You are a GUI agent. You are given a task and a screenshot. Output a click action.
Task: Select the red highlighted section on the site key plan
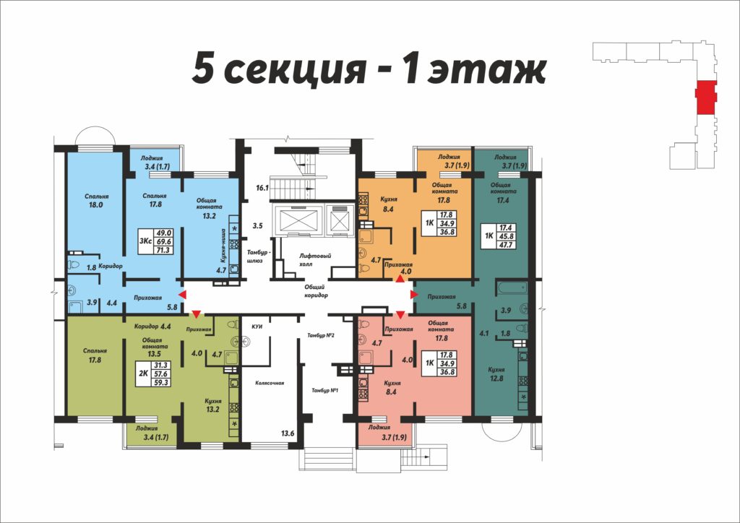coord(706,97)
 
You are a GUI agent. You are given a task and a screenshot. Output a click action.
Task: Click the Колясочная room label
coord(270,383)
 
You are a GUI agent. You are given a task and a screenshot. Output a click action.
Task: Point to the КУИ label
coord(257,327)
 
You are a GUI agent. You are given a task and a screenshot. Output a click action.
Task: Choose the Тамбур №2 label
coord(321,335)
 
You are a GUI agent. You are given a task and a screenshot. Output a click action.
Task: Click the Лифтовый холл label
coord(315,260)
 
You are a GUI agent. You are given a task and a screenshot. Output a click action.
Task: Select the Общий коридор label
coord(316,290)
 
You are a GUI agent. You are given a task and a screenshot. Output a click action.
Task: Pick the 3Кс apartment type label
coord(145,241)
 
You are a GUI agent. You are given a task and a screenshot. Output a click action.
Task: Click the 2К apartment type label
coord(142,373)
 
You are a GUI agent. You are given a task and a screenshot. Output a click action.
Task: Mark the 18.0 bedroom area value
coord(95,205)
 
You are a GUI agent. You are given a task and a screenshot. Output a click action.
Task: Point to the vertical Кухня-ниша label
coord(223,246)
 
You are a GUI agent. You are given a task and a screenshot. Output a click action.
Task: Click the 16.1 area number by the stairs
coord(262,188)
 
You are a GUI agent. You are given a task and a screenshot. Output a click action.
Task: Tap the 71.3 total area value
coord(163,250)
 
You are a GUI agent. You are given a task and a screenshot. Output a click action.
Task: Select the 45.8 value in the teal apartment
coord(506,236)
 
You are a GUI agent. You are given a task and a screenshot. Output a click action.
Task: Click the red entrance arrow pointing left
coord(181,295)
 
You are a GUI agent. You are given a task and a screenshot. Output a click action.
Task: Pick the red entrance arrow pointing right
coord(414,295)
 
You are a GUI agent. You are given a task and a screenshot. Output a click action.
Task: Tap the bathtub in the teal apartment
coord(512,288)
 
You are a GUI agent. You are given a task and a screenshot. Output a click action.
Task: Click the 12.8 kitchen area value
coord(496,379)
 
